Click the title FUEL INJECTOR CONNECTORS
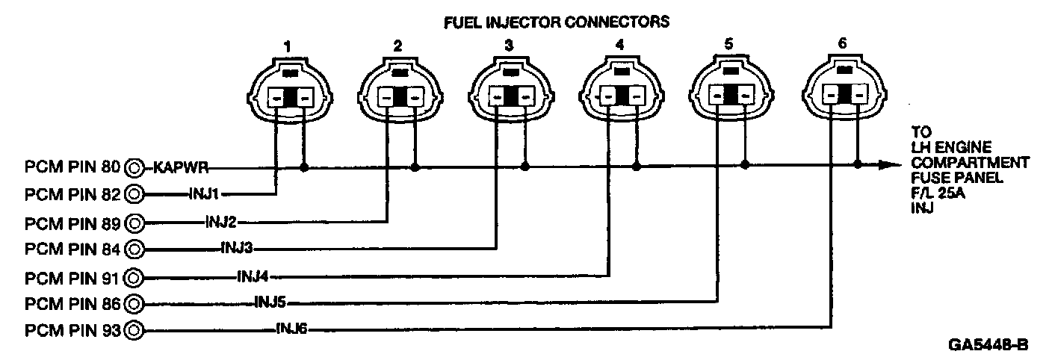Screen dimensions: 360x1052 pyautogui.click(x=556, y=22)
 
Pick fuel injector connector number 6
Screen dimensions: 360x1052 pyautogui.click(x=842, y=90)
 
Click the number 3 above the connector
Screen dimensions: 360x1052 pyautogui.click(x=509, y=46)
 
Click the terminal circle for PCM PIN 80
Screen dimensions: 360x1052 pyautogui.click(x=135, y=167)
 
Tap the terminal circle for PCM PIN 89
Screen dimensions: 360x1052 pyautogui.click(x=135, y=222)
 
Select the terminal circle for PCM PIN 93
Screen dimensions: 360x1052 pyautogui.click(x=135, y=329)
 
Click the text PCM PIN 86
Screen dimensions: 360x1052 pyautogui.click(x=73, y=303)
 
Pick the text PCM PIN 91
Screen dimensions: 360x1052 pyautogui.click(x=73, y=277)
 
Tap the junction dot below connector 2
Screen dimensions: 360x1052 pyautogui.click(x=415, y=167)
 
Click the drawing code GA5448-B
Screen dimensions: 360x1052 pyautogui.click(x=988, y=345)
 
